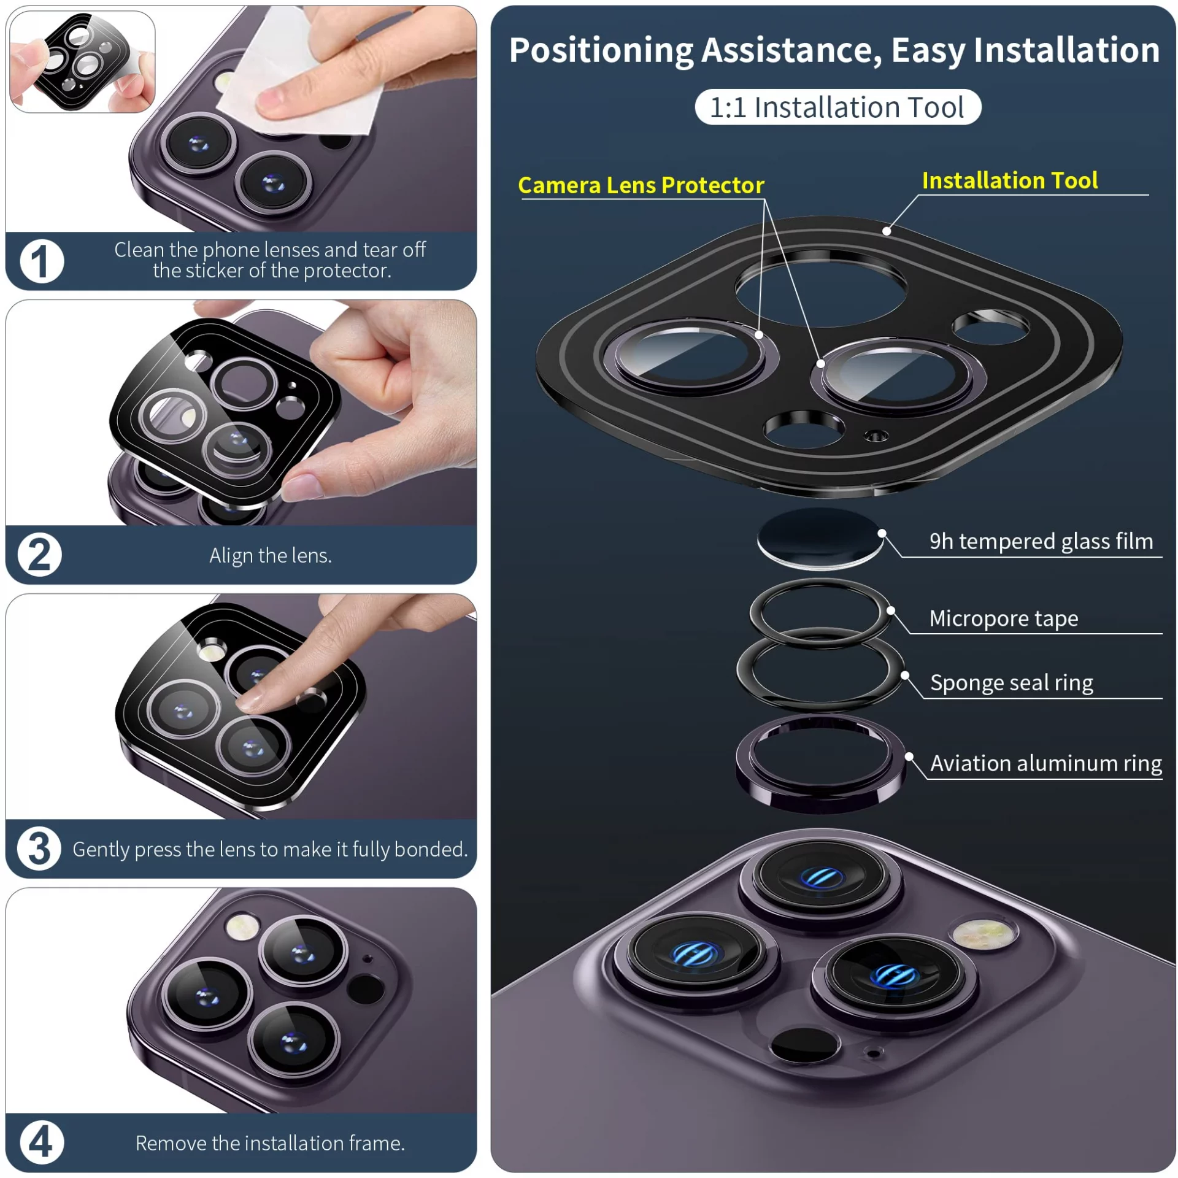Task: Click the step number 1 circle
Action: pos(42,261)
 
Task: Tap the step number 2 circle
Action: pos(40,555)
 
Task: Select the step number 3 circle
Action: pos(39,849)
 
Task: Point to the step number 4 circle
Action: pos(42,1142)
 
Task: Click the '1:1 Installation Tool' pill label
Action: pos(837,107)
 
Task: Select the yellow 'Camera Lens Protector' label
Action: pos(641,185)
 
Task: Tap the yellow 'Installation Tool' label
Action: pos(1010,180)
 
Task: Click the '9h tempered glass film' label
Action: pos(1041,541)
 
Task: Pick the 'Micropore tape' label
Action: pos(1004,618)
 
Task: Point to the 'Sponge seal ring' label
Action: pos(1012,683)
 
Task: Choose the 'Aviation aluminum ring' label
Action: pos(1046,763)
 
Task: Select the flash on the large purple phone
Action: pos(984,933)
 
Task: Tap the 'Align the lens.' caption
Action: pos(271,556)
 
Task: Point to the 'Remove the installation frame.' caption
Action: pos(270,1143)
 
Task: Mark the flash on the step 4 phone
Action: pos(242,926)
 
